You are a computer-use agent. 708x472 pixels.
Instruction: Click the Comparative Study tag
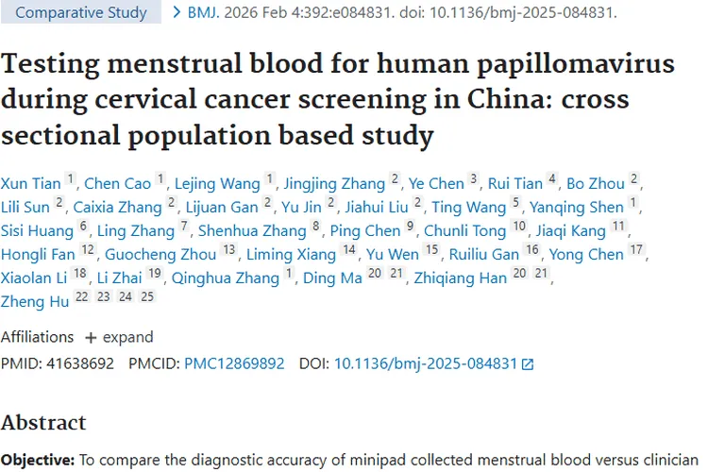click(x=82, y=13)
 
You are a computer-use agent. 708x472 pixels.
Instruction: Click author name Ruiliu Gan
click(x=485, y=254)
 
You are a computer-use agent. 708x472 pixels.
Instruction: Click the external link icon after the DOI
click(x=528, y=363)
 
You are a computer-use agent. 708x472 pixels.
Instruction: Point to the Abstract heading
click(x=43, y=422)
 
